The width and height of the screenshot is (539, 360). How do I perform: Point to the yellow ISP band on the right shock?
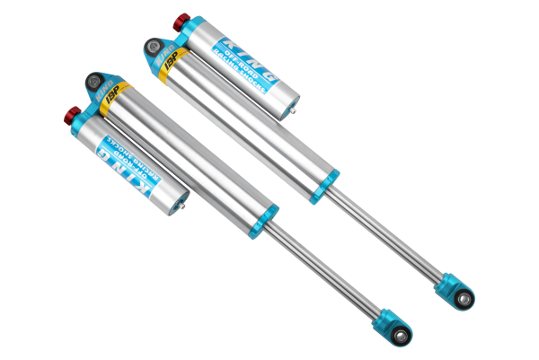169,68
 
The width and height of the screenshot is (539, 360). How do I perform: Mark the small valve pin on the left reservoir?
185,207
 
